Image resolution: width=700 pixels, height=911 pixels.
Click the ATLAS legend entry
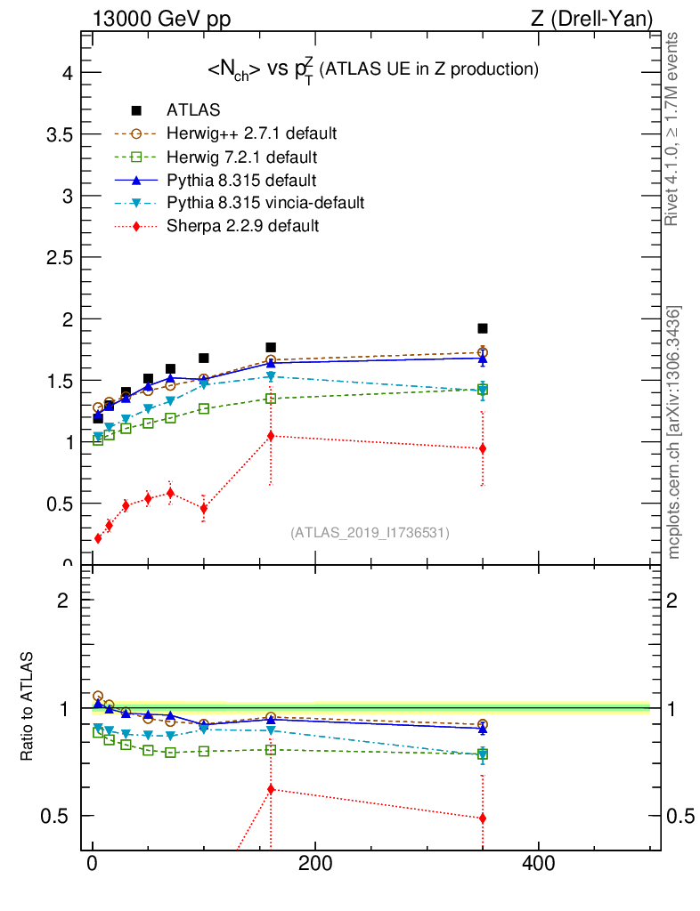tap(193, 110)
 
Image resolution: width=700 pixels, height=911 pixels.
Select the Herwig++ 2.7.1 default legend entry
tap(251, 133)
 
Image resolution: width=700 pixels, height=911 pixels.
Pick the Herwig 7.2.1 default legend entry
tap(241, 157)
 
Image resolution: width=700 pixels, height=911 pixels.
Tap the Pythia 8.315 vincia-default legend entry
tap(265, 203)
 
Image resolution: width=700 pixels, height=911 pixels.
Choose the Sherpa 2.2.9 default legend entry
tap(242, 226)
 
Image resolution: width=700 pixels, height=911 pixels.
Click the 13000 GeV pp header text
tap(161, 18)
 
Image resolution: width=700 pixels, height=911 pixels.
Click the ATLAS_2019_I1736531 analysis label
tap(370, 533)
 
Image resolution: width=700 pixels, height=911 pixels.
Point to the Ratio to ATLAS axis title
tap(28, 707)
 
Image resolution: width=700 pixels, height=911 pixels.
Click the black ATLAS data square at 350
tap(483, 328)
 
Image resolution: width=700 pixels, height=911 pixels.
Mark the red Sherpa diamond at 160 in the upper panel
tap(271, 436)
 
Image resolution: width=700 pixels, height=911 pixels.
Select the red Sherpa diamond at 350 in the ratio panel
tap(483, 818)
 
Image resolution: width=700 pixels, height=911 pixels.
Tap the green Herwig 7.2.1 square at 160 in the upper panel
tap(271, 399)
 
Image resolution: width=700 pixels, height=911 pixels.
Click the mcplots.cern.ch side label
tap(674, 433)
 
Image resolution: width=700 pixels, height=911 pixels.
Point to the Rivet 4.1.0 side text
tap(672, 129)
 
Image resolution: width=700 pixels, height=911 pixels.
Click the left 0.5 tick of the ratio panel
tap(60, 816)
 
